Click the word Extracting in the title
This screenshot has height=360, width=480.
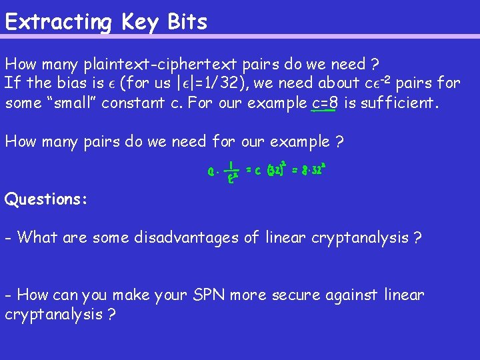59,22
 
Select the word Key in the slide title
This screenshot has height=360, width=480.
139,22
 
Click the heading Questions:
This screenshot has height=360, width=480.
46,199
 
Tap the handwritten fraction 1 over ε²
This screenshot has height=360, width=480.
230,172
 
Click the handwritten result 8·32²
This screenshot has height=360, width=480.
309,169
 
